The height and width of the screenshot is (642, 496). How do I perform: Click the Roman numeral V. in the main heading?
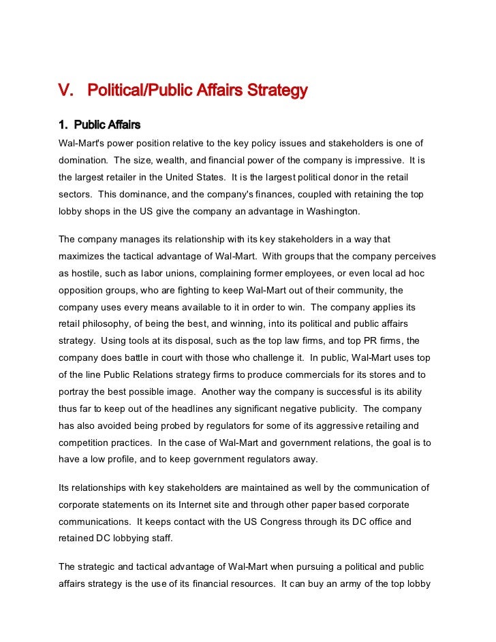click(x=65, y=90)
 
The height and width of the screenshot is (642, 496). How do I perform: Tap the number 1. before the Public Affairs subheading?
click(x=64, y=125)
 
